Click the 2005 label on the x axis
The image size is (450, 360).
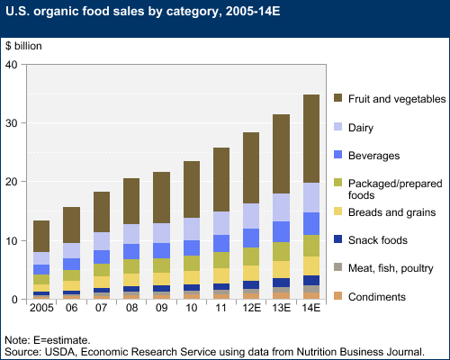(x=41, y=310)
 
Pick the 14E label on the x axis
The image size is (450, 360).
(x=311, y=310)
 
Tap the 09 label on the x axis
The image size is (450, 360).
(x=162, y=310)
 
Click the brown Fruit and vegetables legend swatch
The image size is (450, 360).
(x=342, y=96)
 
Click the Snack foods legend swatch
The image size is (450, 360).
(x=342, y=240)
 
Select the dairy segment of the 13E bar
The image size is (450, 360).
(x=282, y=207)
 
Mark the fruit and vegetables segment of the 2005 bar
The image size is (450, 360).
(x=41, y=236)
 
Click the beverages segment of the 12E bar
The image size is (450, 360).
(x=251, y=238)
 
